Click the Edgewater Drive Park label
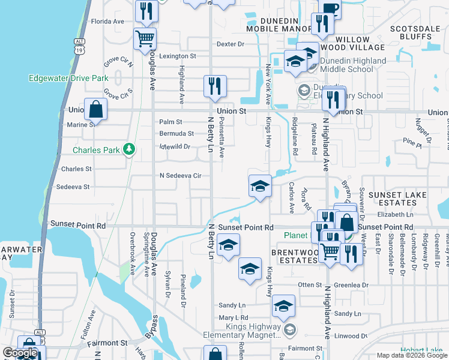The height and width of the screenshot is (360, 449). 68,78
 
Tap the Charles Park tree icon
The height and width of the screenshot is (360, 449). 128,149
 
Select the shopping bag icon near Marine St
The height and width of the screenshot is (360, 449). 95,110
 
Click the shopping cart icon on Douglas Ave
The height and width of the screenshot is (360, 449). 145,39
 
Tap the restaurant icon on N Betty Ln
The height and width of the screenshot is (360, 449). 215,86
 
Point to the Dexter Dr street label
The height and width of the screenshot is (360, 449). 231,44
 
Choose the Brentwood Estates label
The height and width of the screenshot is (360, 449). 294,256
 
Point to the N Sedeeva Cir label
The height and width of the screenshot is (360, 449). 179,176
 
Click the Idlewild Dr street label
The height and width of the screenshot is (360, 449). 175,146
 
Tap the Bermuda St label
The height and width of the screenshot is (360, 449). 176,134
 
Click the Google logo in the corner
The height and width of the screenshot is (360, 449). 20,353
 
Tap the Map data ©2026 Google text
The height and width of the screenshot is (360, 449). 411,355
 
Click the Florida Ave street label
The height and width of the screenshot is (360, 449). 107,21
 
